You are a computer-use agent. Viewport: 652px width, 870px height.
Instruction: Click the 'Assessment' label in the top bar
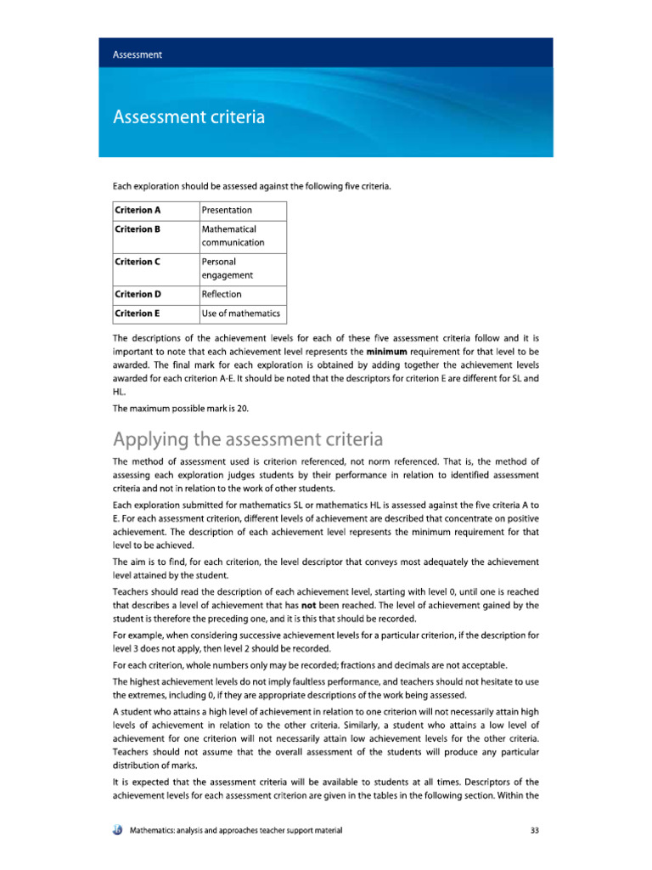point(138,54)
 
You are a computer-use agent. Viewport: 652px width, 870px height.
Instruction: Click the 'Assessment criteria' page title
point(188,116)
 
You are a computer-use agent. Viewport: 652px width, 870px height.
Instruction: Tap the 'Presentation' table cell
point(227,210)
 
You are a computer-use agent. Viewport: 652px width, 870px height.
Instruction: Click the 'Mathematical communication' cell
point(233,236)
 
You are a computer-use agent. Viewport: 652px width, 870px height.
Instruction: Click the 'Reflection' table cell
point(222,295)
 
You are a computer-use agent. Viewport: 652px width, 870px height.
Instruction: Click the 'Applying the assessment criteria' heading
point(248,439)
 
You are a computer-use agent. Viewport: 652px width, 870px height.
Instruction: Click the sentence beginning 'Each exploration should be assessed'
point(251,185)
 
